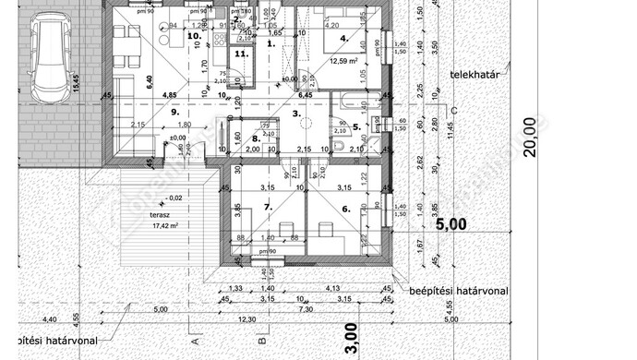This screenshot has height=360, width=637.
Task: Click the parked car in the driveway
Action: pos(47,60)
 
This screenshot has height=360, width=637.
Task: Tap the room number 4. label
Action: pos(343,39)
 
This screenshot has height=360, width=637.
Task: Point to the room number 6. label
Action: pos(346,209)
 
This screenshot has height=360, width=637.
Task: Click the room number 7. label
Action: pos(269,209)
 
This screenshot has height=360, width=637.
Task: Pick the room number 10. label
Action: pos(193,36)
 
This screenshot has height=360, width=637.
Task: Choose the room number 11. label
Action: pos(241,54)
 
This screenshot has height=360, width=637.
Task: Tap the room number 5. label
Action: pos(357,126)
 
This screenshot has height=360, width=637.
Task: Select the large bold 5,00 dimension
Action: pos(451,223)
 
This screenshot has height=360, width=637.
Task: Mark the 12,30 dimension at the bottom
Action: pos(246,319)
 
